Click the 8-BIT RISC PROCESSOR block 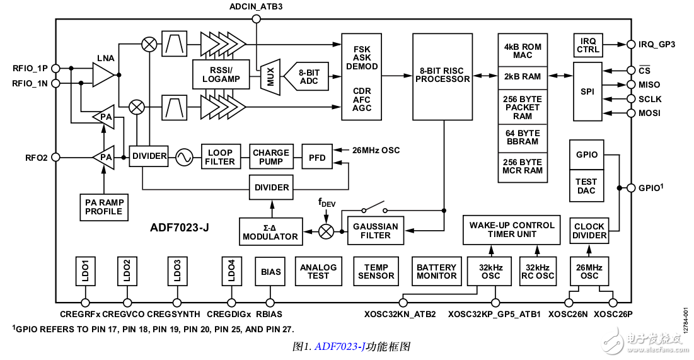click(442, 76)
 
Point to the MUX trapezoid click(270, 78)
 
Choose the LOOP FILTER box click(220, 157)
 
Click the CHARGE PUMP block click(270, 157)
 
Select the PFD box click(317, 157)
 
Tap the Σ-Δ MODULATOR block click(270, 231)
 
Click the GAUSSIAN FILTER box click(376, 231)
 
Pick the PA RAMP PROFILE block click(104, 206)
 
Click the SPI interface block click(587, 91)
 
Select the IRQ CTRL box click(587, 45)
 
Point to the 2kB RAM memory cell click(523, 76)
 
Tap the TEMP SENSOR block click(376, 272)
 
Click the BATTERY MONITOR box click(436, 272)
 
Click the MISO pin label click(649, 84)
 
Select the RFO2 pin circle click(55, 157)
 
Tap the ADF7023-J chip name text click(180, 228)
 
